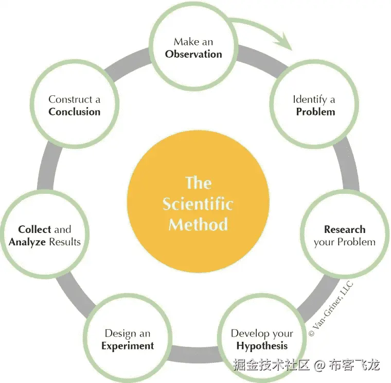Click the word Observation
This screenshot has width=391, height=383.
click(193, 54)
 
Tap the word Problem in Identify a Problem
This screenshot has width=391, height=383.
click(315, 111)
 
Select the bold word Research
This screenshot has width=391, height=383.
click(345, 229)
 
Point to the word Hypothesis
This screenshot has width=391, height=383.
click(262, 345)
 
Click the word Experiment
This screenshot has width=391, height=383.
click(128, 345)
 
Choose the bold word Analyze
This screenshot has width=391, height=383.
click(27, 241)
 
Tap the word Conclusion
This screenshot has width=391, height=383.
click(75, 111)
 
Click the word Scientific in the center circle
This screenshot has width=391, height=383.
click(198, 204)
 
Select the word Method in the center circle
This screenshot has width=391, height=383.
click(198, 225)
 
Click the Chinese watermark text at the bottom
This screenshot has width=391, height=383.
click(306, 365)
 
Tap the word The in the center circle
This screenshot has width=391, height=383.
click(198, 183)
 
